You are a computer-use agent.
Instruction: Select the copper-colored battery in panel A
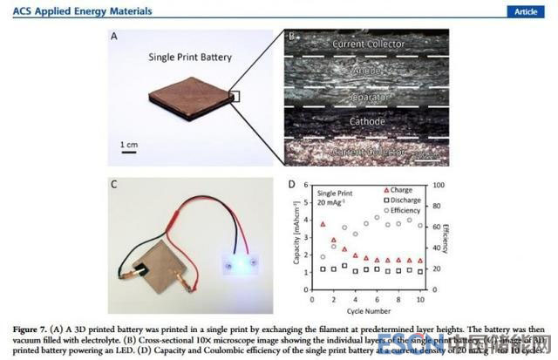[184, 104]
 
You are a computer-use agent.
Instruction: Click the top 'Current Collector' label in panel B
[365, 42]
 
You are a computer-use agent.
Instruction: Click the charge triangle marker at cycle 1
[323, 225]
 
